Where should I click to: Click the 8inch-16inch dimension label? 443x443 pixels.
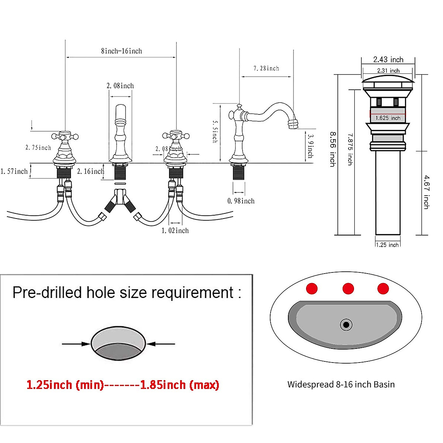click(x=121, y=51)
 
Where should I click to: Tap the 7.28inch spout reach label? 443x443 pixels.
click(x=266, y=68)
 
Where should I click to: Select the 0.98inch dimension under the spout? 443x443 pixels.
click(x=241, y=201)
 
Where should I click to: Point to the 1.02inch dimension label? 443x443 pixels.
click(x=175, y=230)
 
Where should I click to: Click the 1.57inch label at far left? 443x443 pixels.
click(x=14, y=171)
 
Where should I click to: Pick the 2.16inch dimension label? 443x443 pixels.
click(x=90, y=171)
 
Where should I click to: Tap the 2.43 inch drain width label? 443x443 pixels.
click(x=388, y=59)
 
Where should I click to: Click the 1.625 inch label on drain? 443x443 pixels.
click(x=388, y=118)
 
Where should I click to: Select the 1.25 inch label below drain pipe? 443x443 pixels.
click(x=387, y=245)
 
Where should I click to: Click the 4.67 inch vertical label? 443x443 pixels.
click(x=426, y=192)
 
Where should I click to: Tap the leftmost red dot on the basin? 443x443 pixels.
click(x=312, y=288)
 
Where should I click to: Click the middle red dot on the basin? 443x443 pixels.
click(x=348, y=288)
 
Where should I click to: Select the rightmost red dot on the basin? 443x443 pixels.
click(x=383, y=288)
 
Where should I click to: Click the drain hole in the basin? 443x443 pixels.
click(x=346, y=325)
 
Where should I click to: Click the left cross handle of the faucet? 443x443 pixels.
click(x=65, y=137)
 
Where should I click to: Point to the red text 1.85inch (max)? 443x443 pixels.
click(x=179, y=385)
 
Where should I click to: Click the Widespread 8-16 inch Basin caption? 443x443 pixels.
click(x=341, y=384)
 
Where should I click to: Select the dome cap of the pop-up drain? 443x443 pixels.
click(x=388, y=79)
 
